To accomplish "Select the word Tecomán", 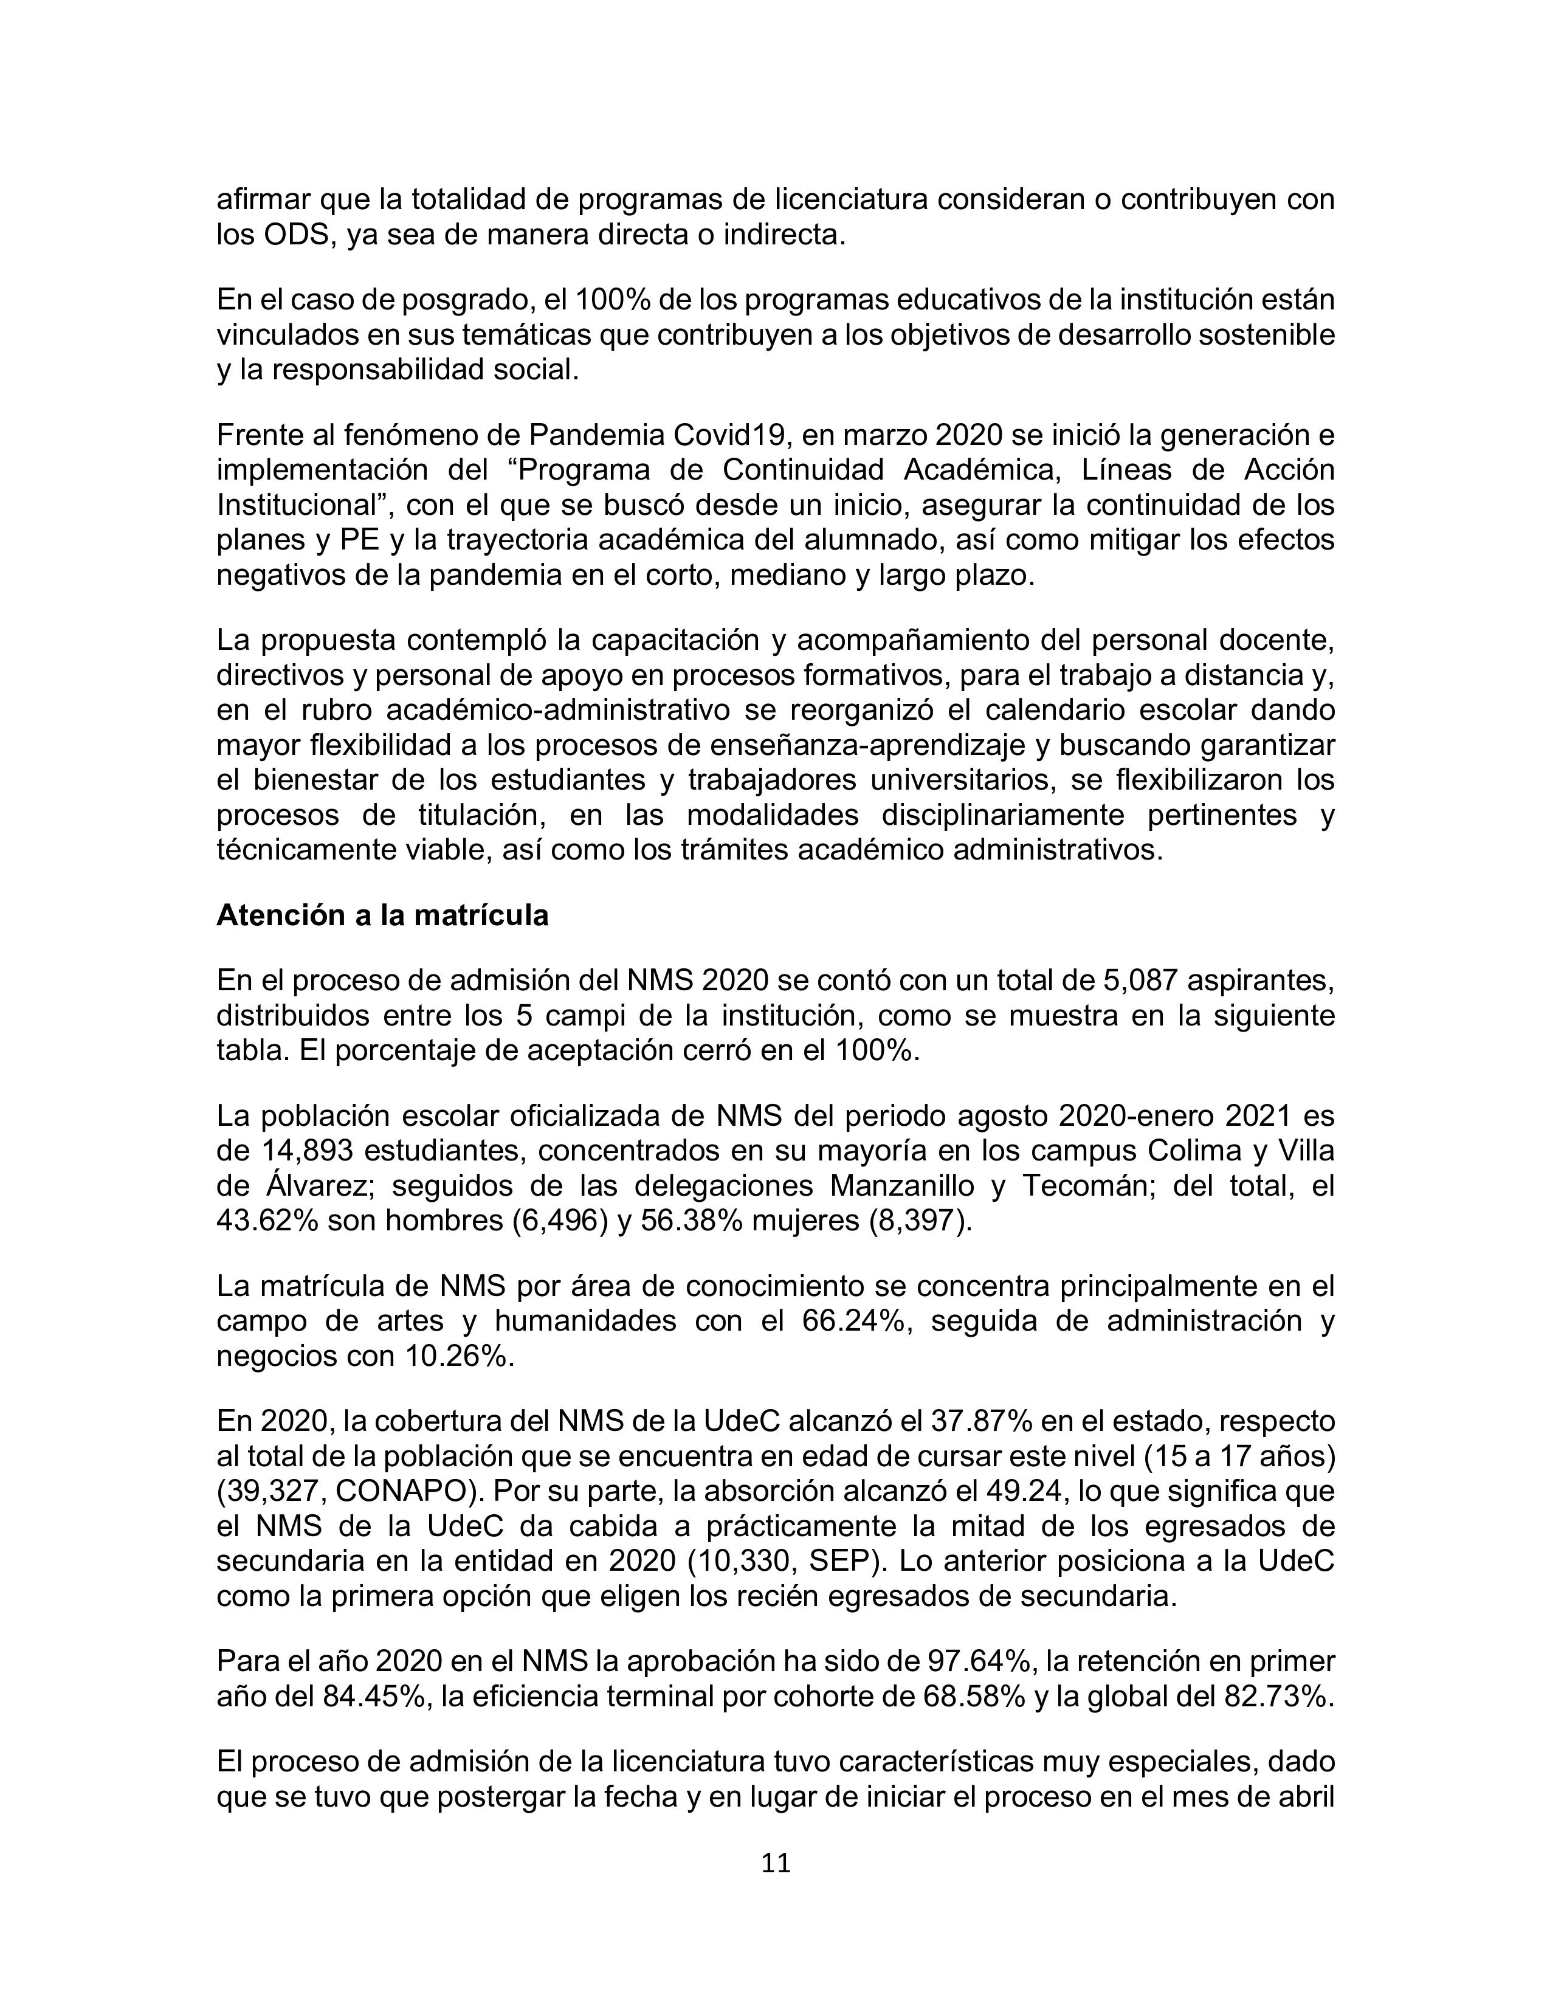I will coord(1087,1186).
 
